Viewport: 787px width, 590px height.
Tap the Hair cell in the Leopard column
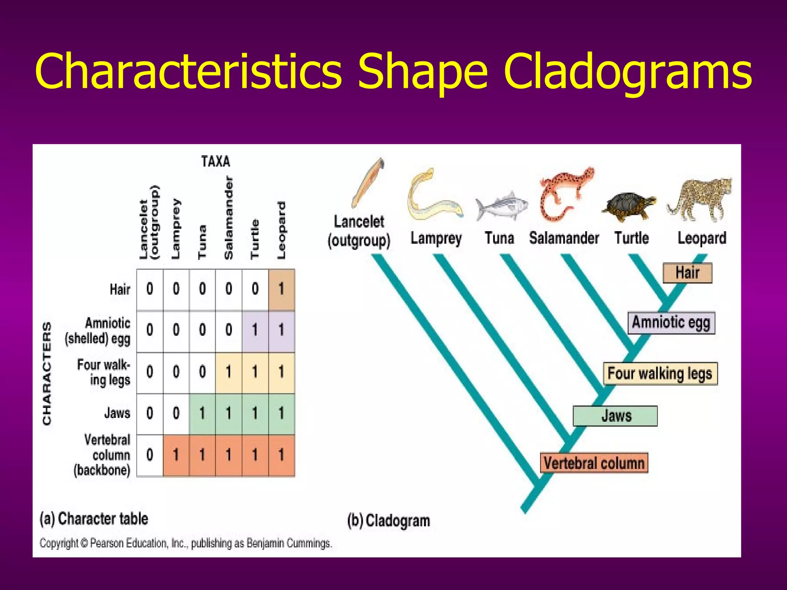coord(281,289)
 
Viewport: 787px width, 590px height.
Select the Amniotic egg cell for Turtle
coord(255,331)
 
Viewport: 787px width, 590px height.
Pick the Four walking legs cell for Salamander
coord(229,372)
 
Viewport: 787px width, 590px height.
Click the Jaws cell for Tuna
coord(202,414)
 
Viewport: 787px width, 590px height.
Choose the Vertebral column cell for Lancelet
coord(150,455)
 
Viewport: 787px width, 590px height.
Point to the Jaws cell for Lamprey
coord(176,414)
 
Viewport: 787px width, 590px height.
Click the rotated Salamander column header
coord(229,218)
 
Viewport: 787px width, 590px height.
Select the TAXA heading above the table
coord(216,161)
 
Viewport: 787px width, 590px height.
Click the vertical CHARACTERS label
coord(47,373)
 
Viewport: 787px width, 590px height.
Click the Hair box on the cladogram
coord(687,273)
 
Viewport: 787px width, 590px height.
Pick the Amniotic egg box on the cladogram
coord(671,323)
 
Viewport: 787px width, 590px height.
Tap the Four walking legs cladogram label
coord(660,373)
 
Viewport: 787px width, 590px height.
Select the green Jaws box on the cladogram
coord(615,416)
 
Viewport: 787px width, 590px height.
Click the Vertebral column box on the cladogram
coord(594,463)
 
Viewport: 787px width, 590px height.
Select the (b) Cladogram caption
coord(389,521)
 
